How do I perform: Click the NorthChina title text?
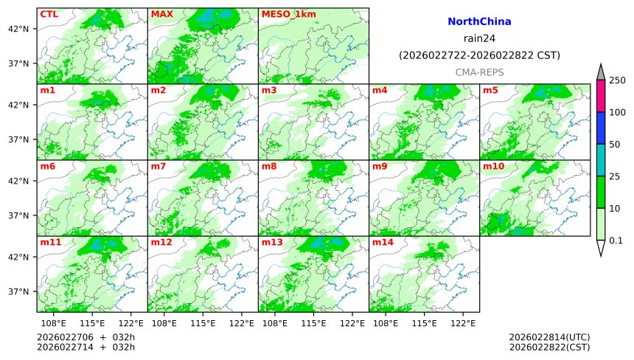pyautogui.click(x=479, y=22)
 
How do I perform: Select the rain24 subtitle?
pyautogui.click(x=479, y=38)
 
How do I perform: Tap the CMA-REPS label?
pyautogui.click(x=479, y=72)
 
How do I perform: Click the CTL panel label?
pyautogui.click(x=49, y=14)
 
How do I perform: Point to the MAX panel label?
pyautogui.click(x=161, y=14)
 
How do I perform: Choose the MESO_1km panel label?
pyautogui.click(x=285, y=14)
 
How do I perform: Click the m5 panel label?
pyautogui.click(x=490, y=90)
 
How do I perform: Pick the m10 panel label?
pyautogui.click(x=493, y=166)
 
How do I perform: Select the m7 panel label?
pyautogui.click(x=158, y=166)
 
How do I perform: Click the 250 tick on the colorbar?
pyautogui.click(x=617, y=80)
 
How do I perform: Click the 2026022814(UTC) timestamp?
pyautogui.click(x=548, y=337)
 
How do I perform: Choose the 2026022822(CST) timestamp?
pyautogui.click(x=548, y=347)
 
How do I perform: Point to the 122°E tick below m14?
pyautogui.click(x=463, y=323)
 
